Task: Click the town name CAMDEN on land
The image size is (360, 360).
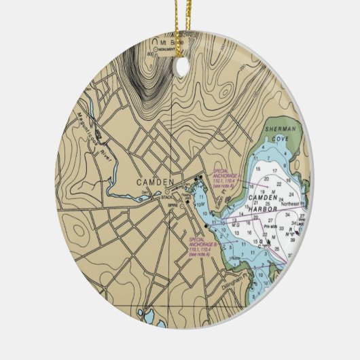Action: (156, 182)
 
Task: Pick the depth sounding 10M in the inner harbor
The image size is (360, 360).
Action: (202, 206)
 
